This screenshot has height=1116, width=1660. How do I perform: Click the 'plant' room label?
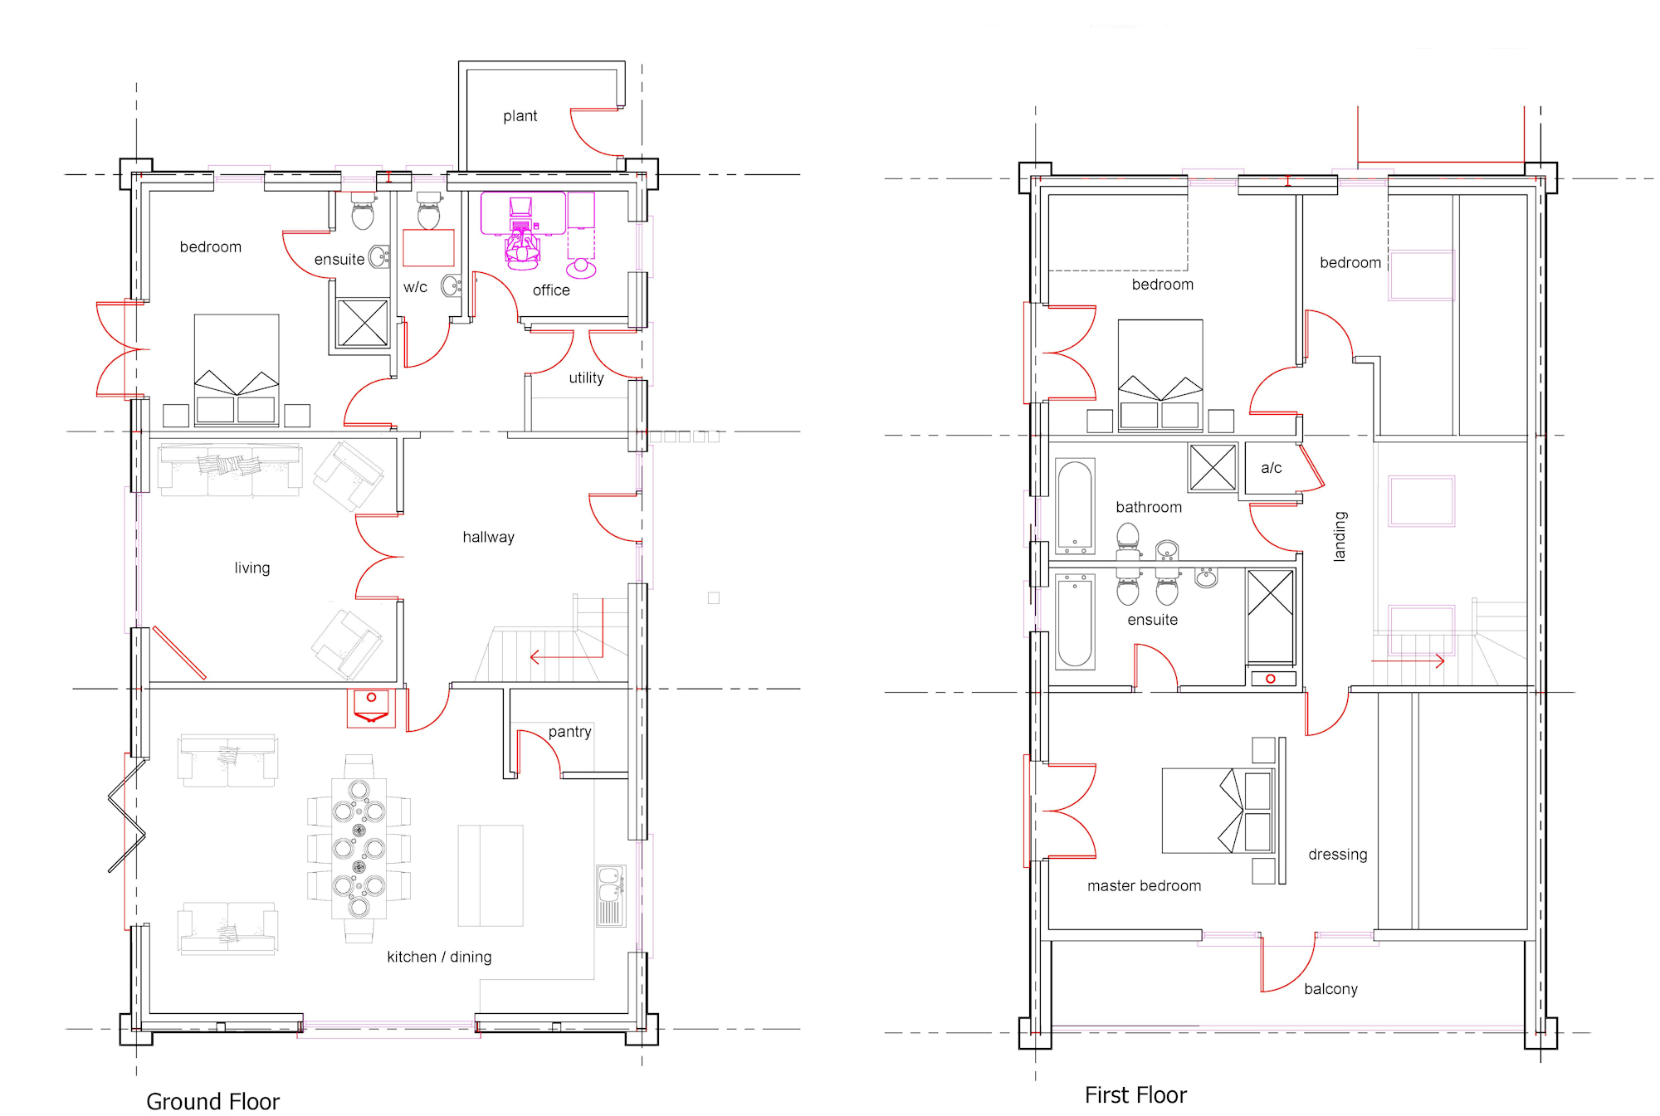pos(520,116)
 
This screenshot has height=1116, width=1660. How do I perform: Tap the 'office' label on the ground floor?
pos(551,290)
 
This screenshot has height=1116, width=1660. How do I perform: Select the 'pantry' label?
pos(569,732)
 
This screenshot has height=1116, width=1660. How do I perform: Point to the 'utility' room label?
pos(586,378)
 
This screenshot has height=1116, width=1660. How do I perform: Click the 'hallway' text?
pos(488,537)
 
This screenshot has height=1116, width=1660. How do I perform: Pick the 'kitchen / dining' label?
pos(439,957)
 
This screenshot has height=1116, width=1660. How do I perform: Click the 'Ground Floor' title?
pos(212,1101)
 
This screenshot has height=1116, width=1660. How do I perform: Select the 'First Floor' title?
pos(1135,1095)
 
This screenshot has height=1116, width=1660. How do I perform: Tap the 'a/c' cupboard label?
pos(1271,468)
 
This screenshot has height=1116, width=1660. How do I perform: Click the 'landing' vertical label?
pos(1340,536)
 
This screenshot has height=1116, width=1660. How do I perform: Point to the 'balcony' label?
pos(1330,989)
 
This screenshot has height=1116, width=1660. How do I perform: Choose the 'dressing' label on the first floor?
pos(1337,855)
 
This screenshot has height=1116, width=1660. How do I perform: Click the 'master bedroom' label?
pos(1144,886)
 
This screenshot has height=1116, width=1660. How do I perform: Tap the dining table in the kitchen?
pos(359,848)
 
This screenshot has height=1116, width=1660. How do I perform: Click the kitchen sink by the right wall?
pos(611,896)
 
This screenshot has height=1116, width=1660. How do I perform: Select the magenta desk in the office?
pos(523,212)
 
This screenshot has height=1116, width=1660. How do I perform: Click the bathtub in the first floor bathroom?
pos(1075,506)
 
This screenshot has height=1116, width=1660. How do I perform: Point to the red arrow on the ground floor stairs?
pos(566,658)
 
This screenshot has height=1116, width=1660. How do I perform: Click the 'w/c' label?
pos(415,287)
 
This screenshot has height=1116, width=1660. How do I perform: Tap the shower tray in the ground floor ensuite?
pos(363,323)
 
